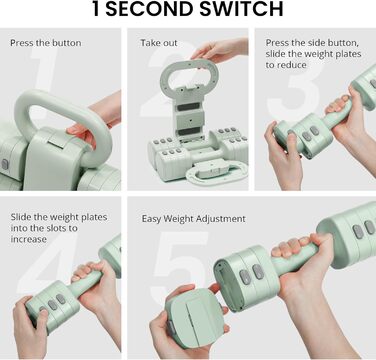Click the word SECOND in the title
pyautogui.click(x=150, y=9)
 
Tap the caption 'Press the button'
pyautogui.click(x=46, y=43)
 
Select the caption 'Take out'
pyautogui.click(x=159, y=43)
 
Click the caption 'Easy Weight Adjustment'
pyautogui.click(x=193, y=219)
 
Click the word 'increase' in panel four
pyautogui.click(x=28, y=239)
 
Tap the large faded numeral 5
pyautogui.click(x=182, y=263)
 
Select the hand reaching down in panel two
pyautogui.click(x=220, y=51)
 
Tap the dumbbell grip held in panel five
pyautogui.click(x=294, y=257)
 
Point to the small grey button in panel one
pyautogui.click(x=5, y=164)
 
